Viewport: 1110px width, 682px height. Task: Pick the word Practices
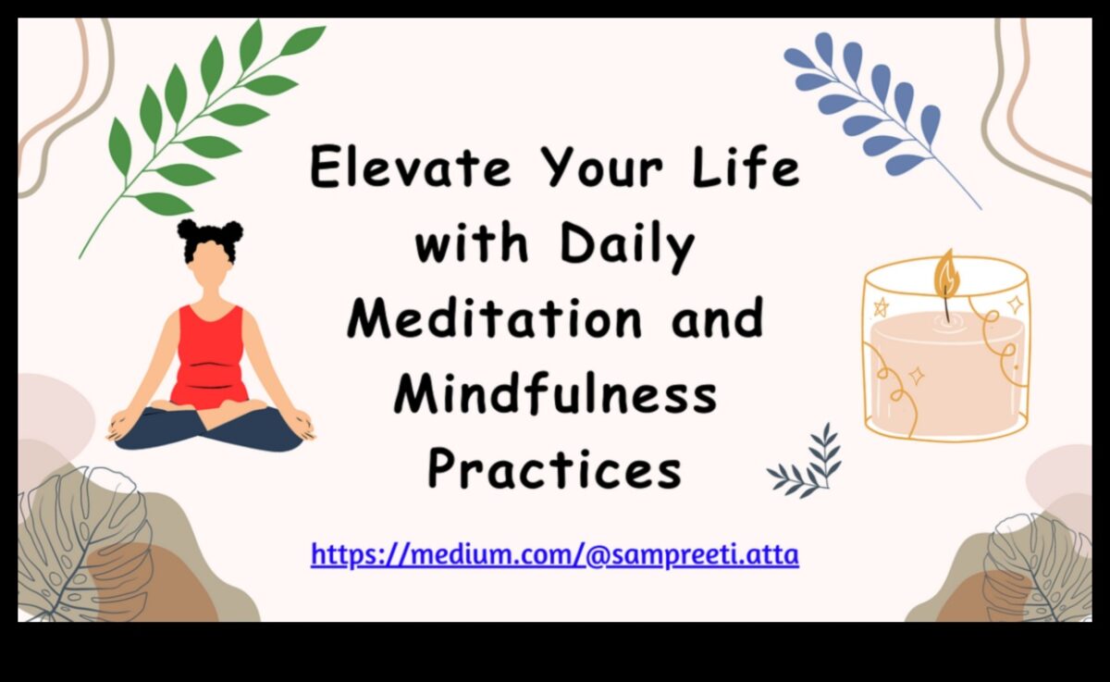554,468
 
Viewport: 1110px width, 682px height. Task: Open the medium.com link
554,555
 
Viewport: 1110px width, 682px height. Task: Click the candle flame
944,271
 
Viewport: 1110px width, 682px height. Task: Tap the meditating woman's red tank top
209,356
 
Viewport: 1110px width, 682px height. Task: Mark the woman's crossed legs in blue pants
209,428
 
